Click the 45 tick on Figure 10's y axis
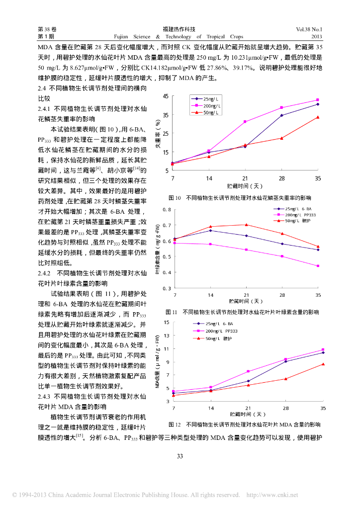pos(166,96)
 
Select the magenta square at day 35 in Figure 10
pos(318,100)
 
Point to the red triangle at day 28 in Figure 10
pos(281,138)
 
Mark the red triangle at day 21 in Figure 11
pos(246,225)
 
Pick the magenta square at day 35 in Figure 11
pos(318,266)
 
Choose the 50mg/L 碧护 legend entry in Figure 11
pos(299,221)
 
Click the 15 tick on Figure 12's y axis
pos(166,323)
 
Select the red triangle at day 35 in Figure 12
pos(323,364)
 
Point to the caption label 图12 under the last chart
pos(175,425)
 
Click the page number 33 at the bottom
pos(180,456)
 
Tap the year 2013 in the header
pos(316,37)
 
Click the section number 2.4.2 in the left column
pos(45,273)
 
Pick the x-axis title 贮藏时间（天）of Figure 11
pos(246,301)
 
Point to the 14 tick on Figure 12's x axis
pos(211,408)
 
